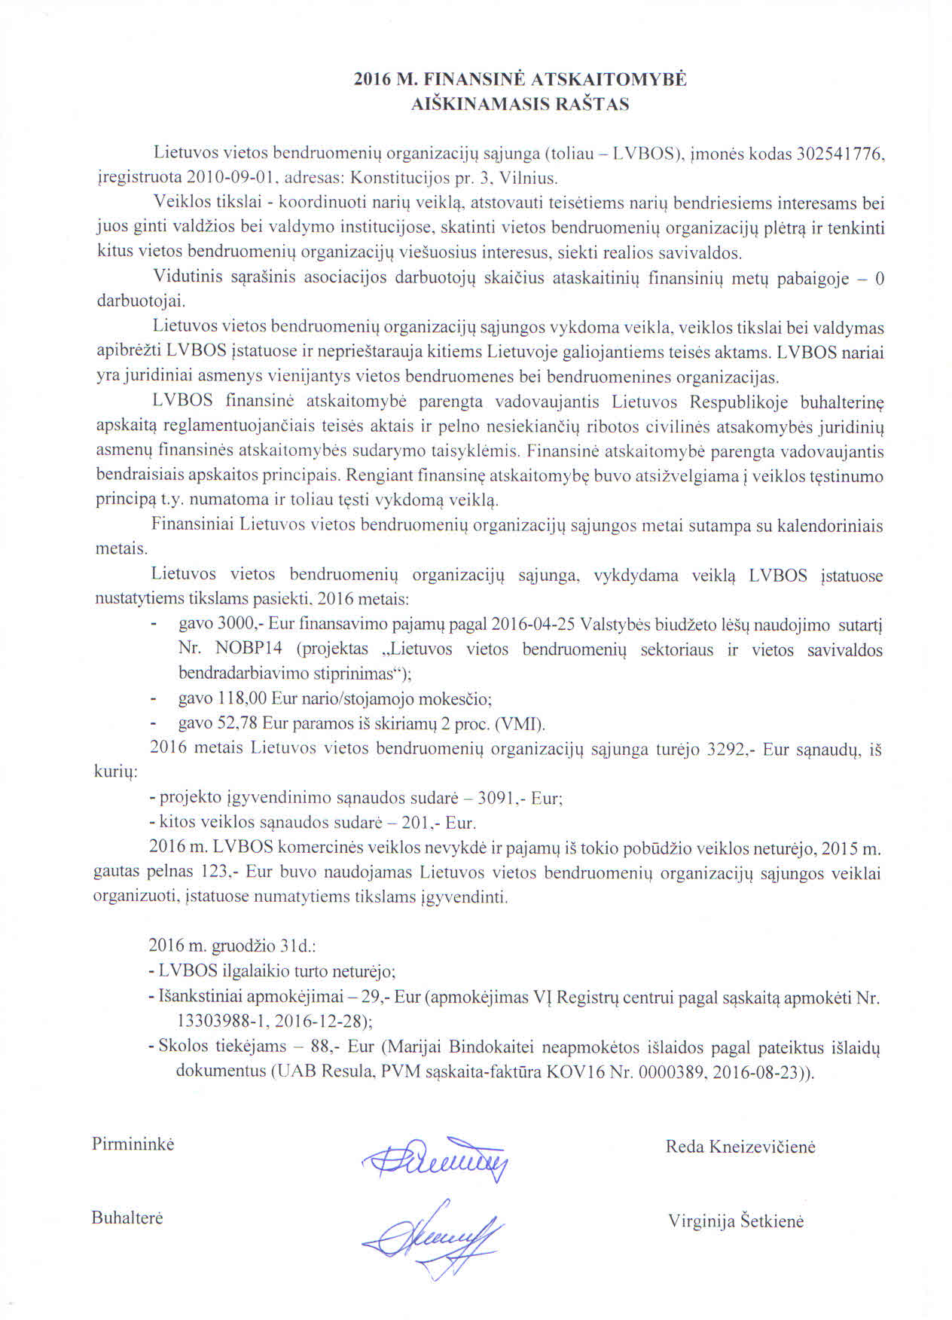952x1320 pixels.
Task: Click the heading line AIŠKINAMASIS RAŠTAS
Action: pos(520,105)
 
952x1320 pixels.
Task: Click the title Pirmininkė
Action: pos(133,1144)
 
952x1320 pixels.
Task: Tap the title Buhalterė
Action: pos(127,1218)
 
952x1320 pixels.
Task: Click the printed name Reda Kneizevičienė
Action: pos(740,1147)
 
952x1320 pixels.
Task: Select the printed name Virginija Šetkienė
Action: pos(736,1221)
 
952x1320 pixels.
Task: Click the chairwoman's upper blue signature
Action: pos(435,1160)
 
